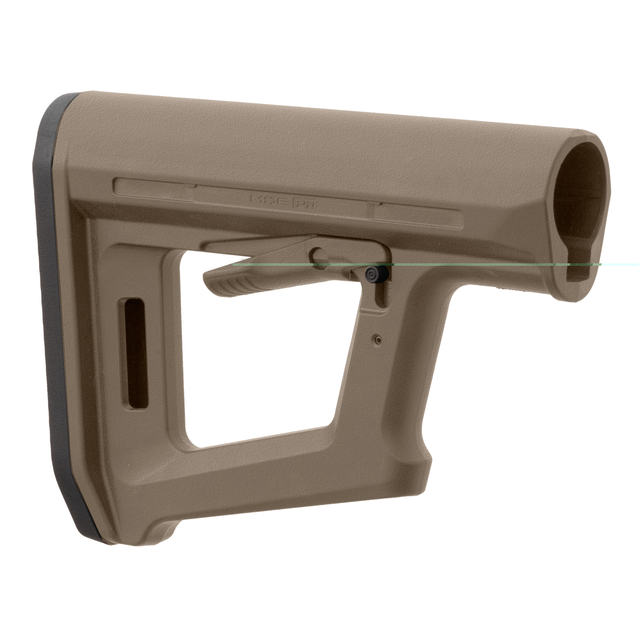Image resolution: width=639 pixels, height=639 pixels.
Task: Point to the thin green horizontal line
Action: point(463,265)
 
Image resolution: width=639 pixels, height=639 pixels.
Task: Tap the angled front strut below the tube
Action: point(397,380)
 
